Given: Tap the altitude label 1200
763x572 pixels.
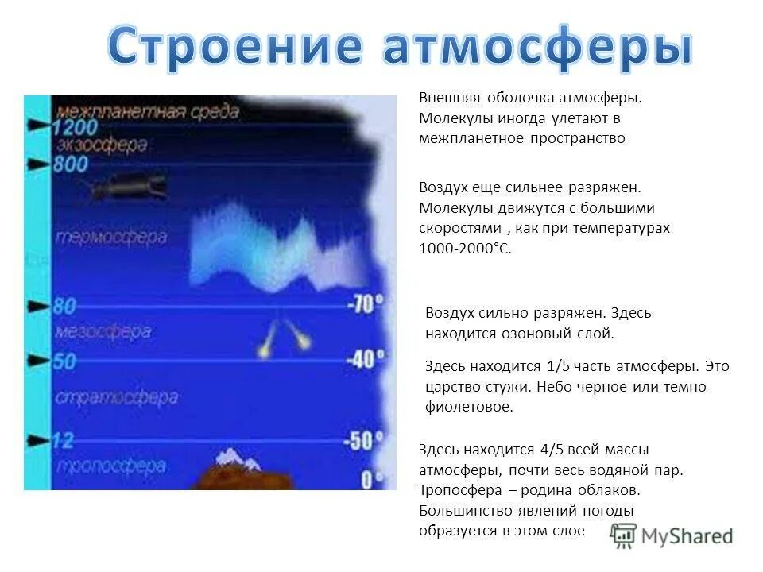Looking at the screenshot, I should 76,127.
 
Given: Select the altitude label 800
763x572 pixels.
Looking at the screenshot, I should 70,164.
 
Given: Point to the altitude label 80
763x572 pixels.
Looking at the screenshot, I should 64,307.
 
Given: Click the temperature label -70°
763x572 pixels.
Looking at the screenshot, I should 365,304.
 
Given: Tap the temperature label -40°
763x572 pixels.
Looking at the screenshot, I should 365,360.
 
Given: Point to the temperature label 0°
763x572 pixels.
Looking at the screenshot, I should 372,478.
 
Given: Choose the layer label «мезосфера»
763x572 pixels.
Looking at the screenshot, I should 103,332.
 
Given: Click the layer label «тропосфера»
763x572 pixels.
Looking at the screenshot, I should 111,466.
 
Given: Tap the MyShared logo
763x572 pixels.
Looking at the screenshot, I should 672,536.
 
